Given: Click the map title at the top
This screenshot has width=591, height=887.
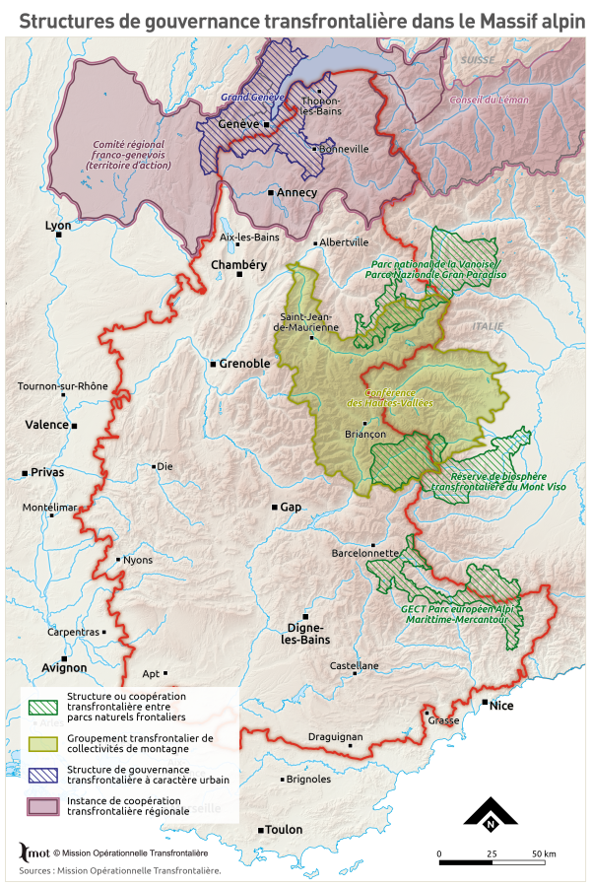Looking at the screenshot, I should coord(295,19).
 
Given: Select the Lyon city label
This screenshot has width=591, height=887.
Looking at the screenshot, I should coord(59,226).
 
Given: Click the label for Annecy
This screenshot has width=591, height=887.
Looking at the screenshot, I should coord(296,193).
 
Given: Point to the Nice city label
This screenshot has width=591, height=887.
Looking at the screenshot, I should coord(502,705).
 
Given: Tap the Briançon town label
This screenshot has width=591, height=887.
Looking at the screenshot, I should coord(364,433).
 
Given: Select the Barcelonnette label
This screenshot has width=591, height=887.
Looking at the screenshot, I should coord(364,554).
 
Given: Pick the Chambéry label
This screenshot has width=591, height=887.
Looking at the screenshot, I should coord(239,265).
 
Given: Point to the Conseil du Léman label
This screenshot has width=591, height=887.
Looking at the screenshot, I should coord(489,101).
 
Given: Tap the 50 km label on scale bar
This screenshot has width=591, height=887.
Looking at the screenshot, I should coord(544,853).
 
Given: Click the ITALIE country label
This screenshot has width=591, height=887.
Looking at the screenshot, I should coord(487,326).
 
